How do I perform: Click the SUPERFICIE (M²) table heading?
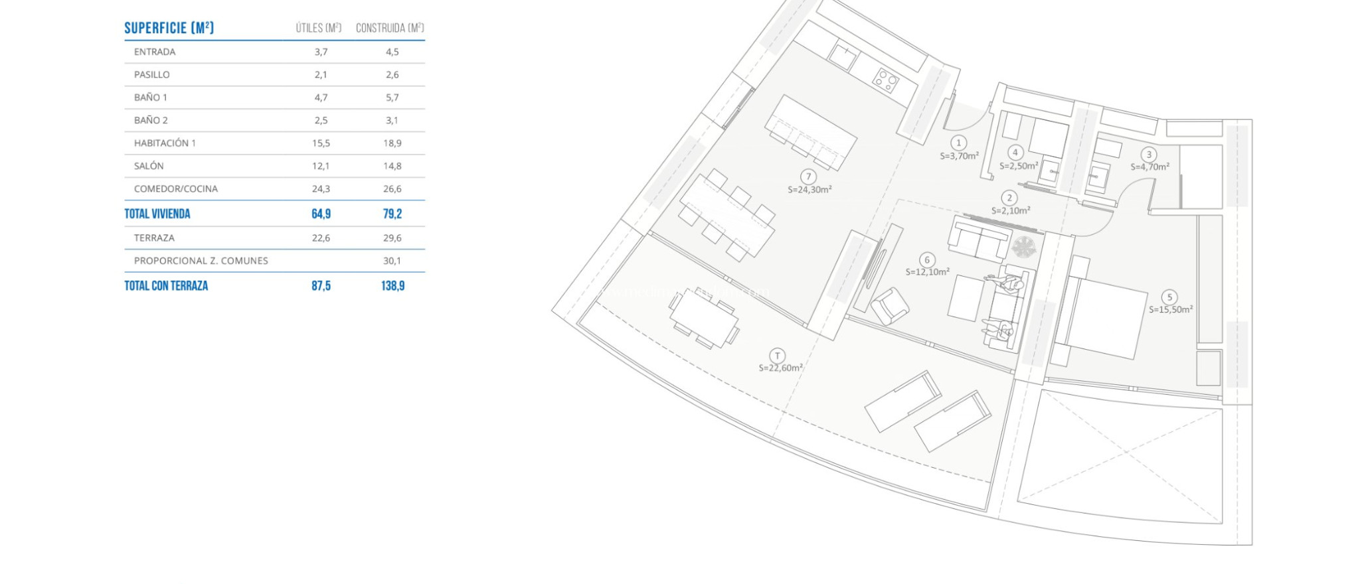(169, 28)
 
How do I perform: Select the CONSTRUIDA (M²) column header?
(390, 28)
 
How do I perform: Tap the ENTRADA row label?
(155, 52)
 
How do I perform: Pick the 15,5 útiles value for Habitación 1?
(321, 143)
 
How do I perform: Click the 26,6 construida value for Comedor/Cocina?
(392, 188)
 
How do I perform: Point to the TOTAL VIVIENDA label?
(157, 214)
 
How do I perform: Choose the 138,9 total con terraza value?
(392, 285)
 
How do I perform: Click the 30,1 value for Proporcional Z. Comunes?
(392, 261)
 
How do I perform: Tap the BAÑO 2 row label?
(151, 120)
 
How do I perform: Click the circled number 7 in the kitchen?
(808, 177)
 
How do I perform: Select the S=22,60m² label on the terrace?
(781, 368)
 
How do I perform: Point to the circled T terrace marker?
(777, 356)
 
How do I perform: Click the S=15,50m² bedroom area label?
(1171, 309)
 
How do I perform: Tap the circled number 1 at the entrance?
(958, 143)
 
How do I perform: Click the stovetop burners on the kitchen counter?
(885, 81)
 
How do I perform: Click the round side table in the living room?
(1023, 248)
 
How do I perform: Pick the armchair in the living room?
(889, 306)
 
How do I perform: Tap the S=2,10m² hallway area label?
(1011, 210)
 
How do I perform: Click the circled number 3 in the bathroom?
(1149, 155)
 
